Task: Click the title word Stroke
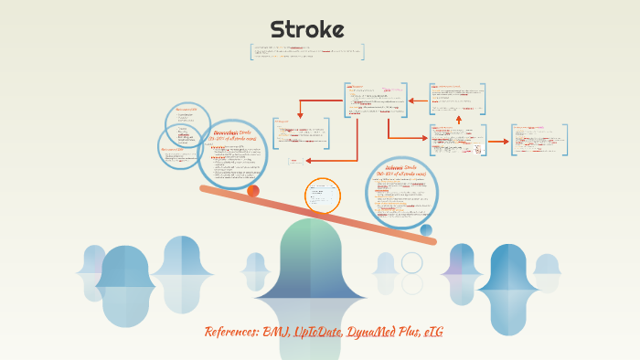pyautogui.click(x=307, y=30)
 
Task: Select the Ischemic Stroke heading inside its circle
pyautogui.click(x=401, y=169)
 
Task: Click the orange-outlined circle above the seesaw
pyautogui.click(x=322, y=196)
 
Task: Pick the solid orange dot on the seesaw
pyautogui.click(x=253, y=191)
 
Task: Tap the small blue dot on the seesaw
pyautogui.click(x=426, y=230)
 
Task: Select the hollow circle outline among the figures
pyautogui.click(x=412, y=263)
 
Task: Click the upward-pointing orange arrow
pyautogui.click(x=459, y=119)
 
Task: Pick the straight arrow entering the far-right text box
pyautogui.click(x=498, y=142)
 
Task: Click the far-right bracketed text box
pyautogui.click(x=539, y=140)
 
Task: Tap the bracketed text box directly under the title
pyautogui.click(x=307, y=52)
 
